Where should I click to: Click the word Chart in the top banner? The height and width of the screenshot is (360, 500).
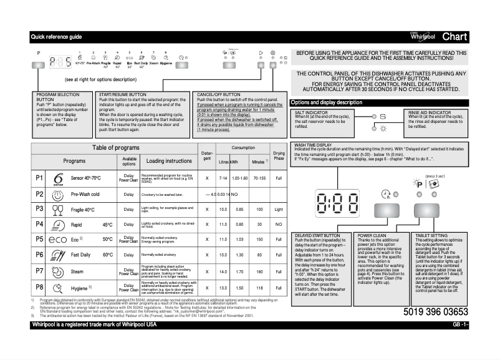pos(454,37)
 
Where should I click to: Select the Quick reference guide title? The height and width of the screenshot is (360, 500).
pos(56,37)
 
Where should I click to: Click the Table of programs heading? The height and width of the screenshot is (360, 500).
pos(116,147)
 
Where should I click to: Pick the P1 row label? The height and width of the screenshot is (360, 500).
pos(39,178)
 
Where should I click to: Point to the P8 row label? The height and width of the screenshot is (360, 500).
pos(39,287)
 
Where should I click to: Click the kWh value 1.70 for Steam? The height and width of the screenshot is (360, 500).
pos(236,272)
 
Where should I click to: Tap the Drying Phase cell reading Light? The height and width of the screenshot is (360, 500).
pos(279,209)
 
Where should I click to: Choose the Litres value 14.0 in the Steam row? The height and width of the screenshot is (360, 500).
pos(223,272)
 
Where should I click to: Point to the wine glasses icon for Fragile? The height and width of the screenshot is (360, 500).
pos(59,209)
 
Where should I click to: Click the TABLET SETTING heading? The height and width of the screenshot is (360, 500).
pos(430,235)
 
